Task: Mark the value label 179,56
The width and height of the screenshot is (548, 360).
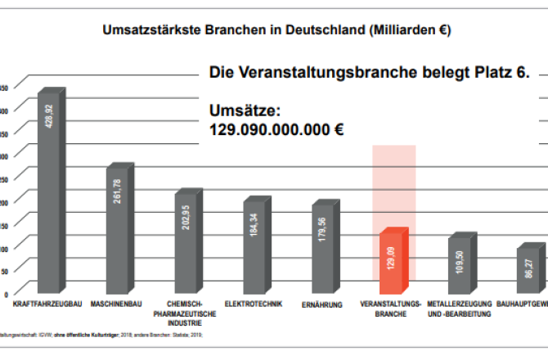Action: pos(323,227)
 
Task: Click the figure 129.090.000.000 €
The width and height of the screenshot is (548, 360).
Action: pos(276,129)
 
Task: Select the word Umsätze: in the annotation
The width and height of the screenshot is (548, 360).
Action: pos(245,110)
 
